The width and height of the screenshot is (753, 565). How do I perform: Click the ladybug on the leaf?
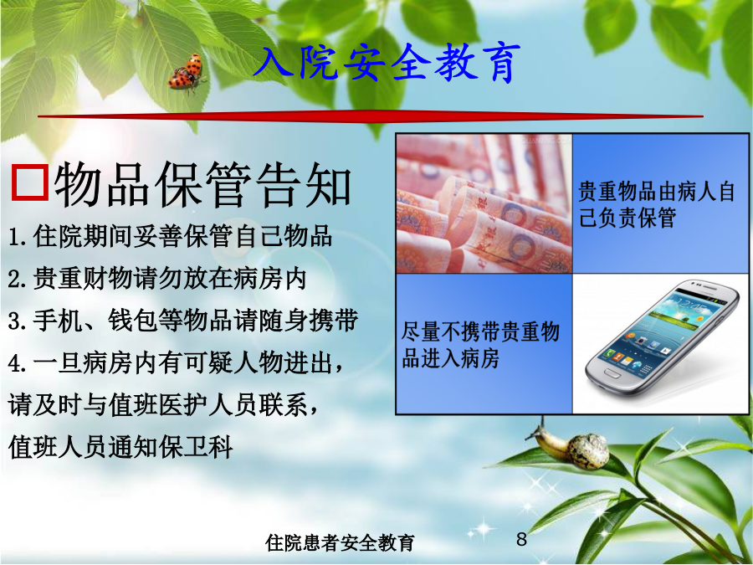click(187, 72)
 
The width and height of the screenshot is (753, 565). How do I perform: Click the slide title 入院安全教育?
click(387, 63)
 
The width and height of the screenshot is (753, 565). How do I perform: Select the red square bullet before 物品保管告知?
click(30, 182)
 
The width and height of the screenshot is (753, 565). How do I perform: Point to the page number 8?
click(521, 540)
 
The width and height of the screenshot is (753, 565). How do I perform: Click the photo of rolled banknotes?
click(484, 203)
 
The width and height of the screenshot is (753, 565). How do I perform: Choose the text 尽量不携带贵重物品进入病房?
click(481, 345)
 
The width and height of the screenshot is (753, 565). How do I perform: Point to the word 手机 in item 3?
click(58, 321)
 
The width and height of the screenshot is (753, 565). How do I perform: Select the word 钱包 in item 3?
click(133, 321)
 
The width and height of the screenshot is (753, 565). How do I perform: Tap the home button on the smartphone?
click(612, 372)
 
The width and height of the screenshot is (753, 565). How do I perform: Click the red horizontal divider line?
click(371, 116)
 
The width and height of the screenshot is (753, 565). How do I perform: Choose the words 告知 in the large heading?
click(304, 184)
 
